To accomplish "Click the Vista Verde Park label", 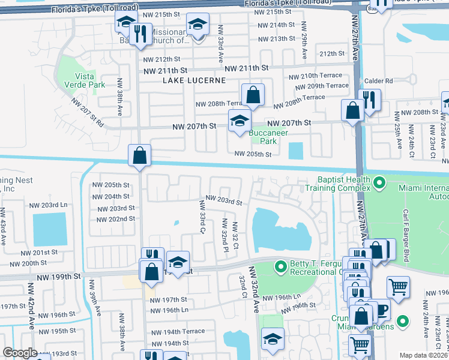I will tap(89, 80).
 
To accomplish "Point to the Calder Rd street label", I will tap(381, 81).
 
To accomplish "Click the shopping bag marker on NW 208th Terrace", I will tap(253, 95).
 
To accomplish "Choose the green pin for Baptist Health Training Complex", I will tap(379, 182).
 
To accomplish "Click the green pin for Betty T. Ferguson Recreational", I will tap(280, 266).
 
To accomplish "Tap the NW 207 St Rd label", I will tap(88, 112).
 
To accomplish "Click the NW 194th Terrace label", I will tap(177, 331).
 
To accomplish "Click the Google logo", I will tap(19, 353).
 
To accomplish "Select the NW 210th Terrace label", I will tap(315, 76).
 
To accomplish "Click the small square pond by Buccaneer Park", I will tap(295, 151).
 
